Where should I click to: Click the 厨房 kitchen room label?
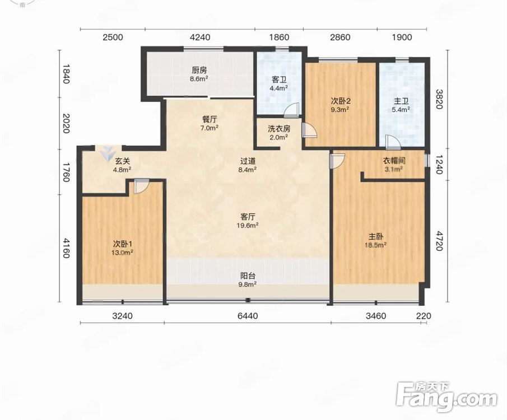pyautogui.click(x=199, y=70)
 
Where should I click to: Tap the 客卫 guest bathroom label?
pyautogui.click(x=279, y=80)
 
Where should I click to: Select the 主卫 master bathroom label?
pyautogui.click(x=401, y=102)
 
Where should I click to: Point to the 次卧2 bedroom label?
pyautogui.click(x=341, y=101)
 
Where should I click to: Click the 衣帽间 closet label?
pyautogui.click(x=394, y=160)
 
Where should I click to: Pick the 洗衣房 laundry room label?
pyautogui.click(x=279, y=129)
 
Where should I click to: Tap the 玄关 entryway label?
pyautogui.click(x=123, y=161)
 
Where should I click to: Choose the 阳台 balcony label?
pyautogui.click(x=248, y=276)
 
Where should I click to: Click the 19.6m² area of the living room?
pyautogui.click(x=248, y=225)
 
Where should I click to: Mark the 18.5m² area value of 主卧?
pyautogui.click(x=376, y=245)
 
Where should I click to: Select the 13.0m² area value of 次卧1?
pyautogui.click(x=123, y=252)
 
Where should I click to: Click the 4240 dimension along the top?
pyautogui.click(x=200, y=37)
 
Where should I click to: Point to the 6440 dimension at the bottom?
pyautogui.click(x=248, y=316)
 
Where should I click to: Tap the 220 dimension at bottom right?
pyautogui.click(x=424, y=316)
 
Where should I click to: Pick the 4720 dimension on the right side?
pyautogui.click(x=439, y=241)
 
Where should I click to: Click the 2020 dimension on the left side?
pyautogui.click(x=66, y=123)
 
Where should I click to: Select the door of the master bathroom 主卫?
pyautogui.click(x=393, y=142)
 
